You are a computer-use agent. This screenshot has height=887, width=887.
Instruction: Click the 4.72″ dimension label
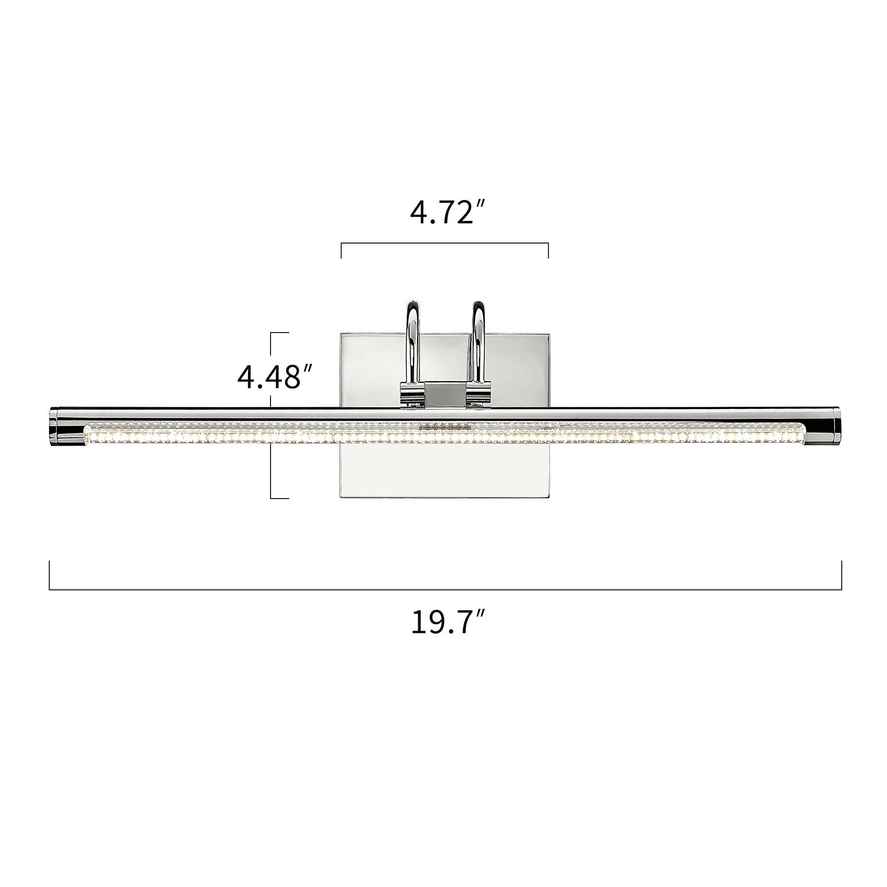(x=447, y=213)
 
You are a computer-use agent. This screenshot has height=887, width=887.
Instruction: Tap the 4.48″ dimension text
(x=275, y=377)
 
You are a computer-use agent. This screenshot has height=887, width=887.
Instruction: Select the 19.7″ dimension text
(x=447, y=623)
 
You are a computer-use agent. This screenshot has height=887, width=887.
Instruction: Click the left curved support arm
(x=413, y=340)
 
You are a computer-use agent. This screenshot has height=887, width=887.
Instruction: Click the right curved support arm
(x=478, y=340)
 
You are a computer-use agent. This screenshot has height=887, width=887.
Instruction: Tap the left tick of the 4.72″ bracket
(x=341, y=251)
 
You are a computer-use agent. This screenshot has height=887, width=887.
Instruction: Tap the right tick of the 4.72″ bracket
(x=548, y=251)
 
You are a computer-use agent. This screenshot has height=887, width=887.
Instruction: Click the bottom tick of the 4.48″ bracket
(x=279, y=498)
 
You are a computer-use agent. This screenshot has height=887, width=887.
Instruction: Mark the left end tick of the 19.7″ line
(x=49, y=575)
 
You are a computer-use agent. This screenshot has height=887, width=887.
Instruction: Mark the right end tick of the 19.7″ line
(x=842, y=575)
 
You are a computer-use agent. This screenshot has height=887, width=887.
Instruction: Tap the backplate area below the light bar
(x=444, y=473)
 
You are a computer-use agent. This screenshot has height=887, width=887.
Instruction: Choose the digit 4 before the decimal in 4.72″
(x=419, y=213)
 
